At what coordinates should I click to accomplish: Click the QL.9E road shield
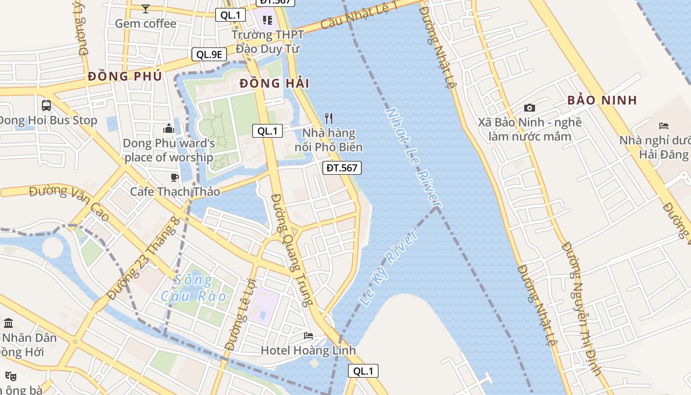pyautogui.click(x=209, y=54)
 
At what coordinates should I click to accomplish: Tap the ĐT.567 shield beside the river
pyautogui.click(x=342, y=168)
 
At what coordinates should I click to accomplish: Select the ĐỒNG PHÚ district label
pyautogui.click(x=124, y=77)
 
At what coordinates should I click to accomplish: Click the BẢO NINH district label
pyautogui.click(x=602, y=100)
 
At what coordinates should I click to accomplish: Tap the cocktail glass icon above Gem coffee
pyautogui.click(x=145, y=8)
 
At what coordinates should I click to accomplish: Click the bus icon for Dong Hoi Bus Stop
pyautogui.click(x=46, y=105)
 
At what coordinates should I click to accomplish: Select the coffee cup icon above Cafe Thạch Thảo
pyautogui.click(x=174, y=177)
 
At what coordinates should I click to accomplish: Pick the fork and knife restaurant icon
pyautogui.click(x=329, y=118)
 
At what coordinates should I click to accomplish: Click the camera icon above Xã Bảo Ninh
pyautogui.click(x=529, y=108)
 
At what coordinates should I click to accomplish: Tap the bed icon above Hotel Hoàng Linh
pyautogui.click(x=308, y=336)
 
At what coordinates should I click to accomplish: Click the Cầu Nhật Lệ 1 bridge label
pyautogui.click(x=359, y=15)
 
